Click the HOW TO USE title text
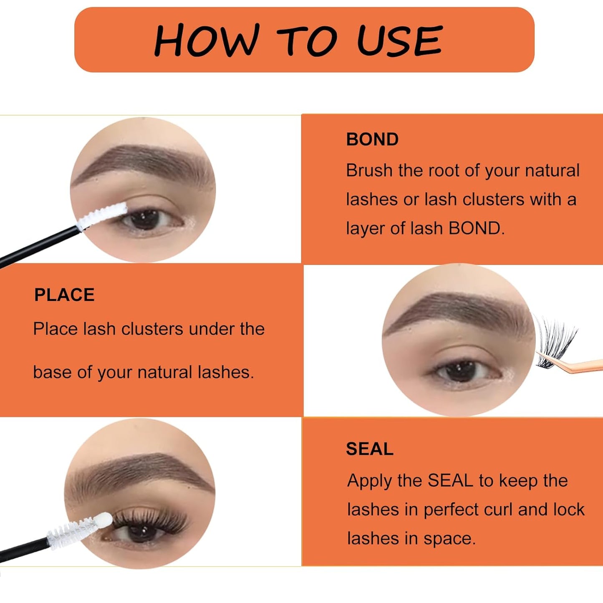click(x=298, y=40)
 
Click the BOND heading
click(x=372, y=139)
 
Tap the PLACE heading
click(x=64, y=295)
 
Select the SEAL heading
click(x=369, y=449)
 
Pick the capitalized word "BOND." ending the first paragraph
click(x=476, y=229)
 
